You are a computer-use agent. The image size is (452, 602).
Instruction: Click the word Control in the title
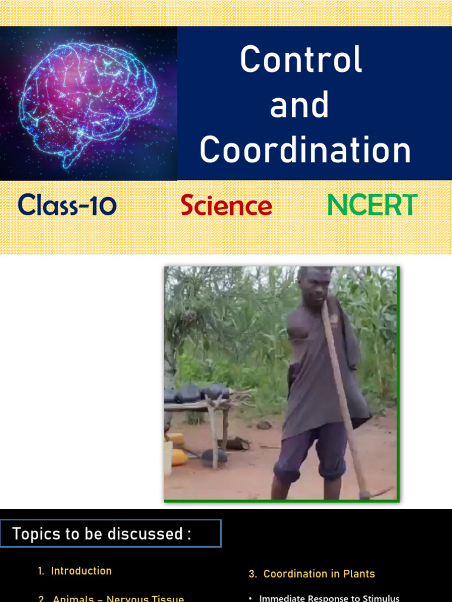[x=301, y=60]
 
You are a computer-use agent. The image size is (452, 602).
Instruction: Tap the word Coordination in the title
[x=305, y=150]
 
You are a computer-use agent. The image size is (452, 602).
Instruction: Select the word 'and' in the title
[x=299, y=105]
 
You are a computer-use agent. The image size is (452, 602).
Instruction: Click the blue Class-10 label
[x=67, y=205]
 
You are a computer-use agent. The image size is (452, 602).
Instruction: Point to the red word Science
[x=226, y=206]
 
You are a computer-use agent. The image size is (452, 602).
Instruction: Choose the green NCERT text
[x=371, y=205]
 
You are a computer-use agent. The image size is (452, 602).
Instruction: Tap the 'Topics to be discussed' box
[x=111, y=534]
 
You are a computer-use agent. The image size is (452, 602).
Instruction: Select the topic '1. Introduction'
[x=75, y=571]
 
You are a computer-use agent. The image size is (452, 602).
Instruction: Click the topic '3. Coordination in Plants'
[x=312, y=574]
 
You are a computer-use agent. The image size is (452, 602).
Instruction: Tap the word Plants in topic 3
[x=358, y=574]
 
